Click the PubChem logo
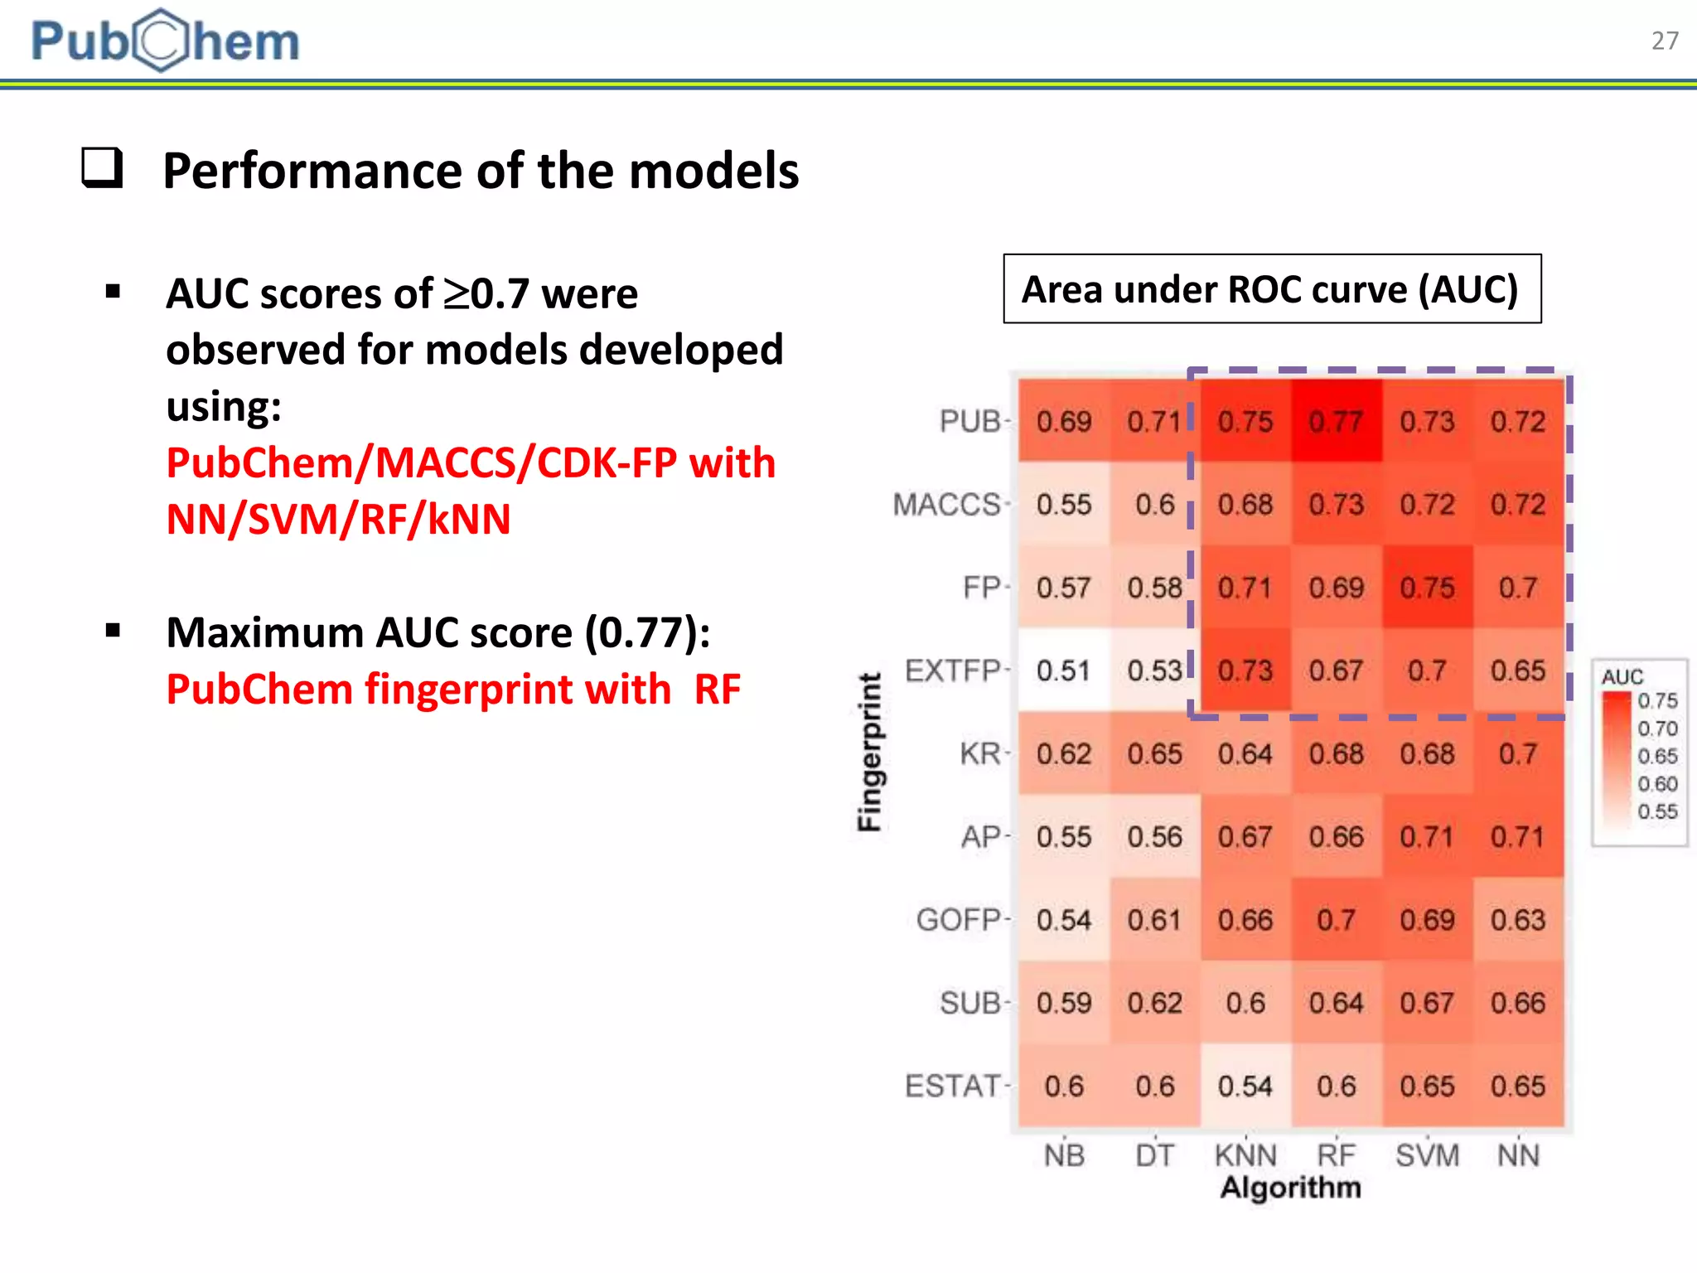165,41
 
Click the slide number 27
1664,41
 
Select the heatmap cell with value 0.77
1336,422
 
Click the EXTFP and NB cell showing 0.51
1064,670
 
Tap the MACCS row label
947,505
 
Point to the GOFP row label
960,920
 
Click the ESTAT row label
953,1086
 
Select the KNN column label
1245,1154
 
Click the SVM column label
1427,1154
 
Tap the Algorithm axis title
1290,1188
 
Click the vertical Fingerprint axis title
869,751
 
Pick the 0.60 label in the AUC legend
1657,784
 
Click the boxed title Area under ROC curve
1271,289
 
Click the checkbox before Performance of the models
103,168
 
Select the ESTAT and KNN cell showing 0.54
1245,1086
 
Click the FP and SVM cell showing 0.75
1427,588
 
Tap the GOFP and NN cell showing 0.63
1518,920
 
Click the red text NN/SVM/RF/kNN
338,520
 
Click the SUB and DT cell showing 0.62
1154,1003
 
